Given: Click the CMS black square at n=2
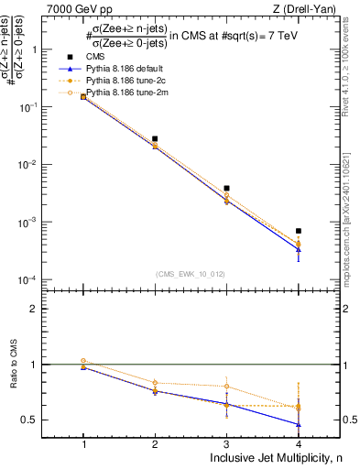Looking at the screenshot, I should click(155, 138).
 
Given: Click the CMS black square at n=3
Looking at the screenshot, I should click(226, 188).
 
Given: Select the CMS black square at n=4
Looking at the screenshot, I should click(299, 231).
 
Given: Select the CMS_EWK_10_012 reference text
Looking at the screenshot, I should click(191, 274).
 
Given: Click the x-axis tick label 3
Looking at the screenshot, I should click(227, 441).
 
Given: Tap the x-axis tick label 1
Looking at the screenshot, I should click(83, 441).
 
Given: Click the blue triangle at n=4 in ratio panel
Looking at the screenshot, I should click(299, 424).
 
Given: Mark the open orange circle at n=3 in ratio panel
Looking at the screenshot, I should click(227, 387).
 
